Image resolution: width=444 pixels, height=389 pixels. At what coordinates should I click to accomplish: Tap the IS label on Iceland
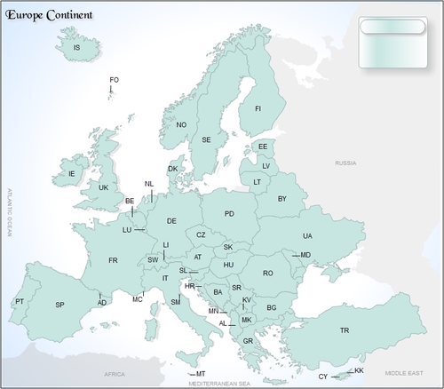76,48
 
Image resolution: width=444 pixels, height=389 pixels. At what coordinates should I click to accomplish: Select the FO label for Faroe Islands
114,81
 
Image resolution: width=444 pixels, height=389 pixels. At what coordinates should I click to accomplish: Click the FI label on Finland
258,108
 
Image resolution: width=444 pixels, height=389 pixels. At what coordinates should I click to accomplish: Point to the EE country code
263,147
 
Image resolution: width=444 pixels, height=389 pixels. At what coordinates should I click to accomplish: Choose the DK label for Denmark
173,169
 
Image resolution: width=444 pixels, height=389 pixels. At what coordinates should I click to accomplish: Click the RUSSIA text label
345,164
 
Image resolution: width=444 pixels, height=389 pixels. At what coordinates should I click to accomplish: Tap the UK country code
103,188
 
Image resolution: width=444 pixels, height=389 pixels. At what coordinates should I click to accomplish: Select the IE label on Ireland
73,174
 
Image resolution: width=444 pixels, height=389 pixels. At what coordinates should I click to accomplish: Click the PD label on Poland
229,214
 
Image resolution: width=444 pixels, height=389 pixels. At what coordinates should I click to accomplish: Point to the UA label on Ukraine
307,236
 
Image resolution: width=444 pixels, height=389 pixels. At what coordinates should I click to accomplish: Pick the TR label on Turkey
345,330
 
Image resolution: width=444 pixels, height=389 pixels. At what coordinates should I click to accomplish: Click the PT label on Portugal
20,302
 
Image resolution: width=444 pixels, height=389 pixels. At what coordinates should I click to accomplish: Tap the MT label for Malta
201,374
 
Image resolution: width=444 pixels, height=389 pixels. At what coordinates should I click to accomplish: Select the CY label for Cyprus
323,377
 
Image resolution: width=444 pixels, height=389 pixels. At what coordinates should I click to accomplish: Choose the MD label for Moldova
305,256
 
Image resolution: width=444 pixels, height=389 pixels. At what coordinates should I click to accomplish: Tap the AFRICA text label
115,375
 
